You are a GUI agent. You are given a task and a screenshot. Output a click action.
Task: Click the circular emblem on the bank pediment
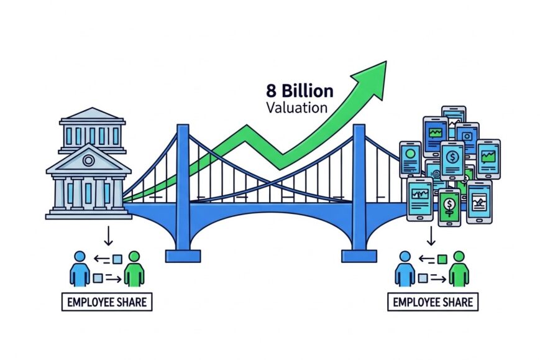[x=88, y=160]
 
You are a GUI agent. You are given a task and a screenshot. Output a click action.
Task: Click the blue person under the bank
[x=79, y=269]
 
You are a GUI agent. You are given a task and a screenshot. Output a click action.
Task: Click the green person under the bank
[x=134, y=269]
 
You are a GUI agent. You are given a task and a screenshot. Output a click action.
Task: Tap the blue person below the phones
[x=405, y=269]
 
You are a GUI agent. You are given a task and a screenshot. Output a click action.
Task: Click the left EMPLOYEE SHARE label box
[x=106, y=303]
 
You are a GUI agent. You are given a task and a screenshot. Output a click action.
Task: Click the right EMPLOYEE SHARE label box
[x=432, y=303]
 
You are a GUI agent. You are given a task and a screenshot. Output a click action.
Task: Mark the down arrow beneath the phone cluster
[x=430, y=235]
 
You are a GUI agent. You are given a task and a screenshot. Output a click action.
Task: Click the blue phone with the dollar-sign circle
[x=452, y=160]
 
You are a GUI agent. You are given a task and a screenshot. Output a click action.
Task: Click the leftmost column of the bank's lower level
[x=59, y=192]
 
